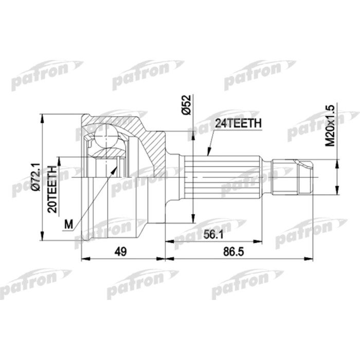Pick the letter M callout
(68, 224)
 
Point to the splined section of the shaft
(226, 177)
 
